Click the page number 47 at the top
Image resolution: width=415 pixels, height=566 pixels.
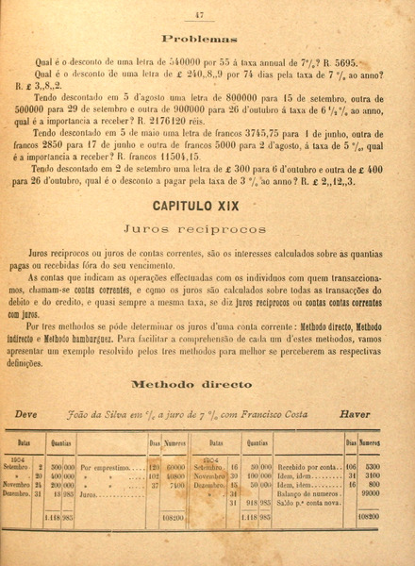click(x=199, y=13)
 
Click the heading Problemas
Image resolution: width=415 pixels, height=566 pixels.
click(x=198, y=40)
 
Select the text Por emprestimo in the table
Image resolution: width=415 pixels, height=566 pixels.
click(x=104, y=466)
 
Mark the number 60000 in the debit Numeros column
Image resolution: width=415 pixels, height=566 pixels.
click(x=175, y=466)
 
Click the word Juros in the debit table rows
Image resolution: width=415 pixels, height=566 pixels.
click(x=91, y=491)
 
